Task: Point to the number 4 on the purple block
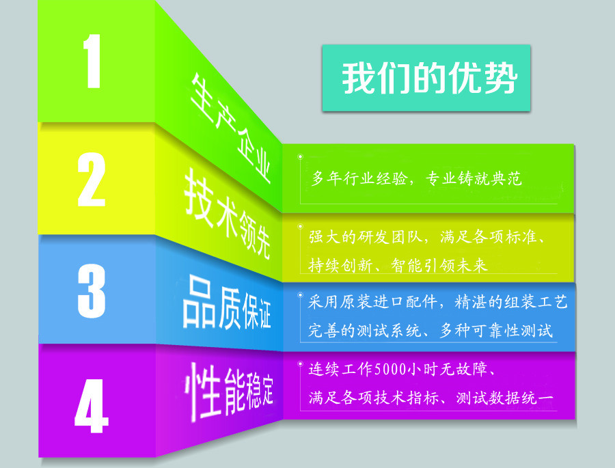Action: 92,405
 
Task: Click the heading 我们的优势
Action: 426,78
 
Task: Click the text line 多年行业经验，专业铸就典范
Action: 417,179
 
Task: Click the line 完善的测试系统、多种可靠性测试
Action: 430,331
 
